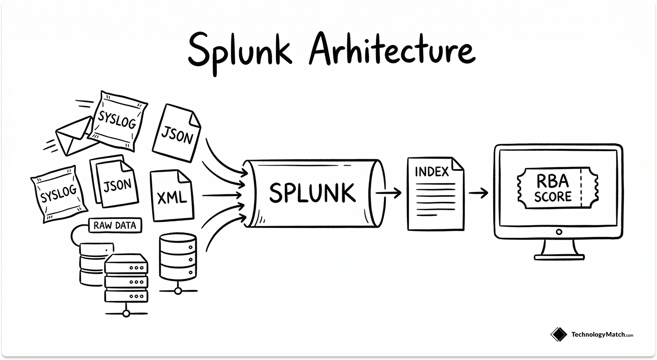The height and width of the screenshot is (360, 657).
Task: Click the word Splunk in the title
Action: [x=240, y=50]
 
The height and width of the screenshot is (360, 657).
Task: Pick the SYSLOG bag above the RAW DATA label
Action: [x=59, y=193]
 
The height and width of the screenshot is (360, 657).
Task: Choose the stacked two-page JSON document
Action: [x=115, y=183]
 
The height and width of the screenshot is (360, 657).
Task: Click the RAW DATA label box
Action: [x=115, y=226]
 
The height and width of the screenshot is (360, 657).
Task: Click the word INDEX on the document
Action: [x=431, y=172]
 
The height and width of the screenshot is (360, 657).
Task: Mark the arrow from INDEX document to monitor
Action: [x=479, y=193]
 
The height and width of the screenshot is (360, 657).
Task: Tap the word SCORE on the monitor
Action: [x=553, y=196]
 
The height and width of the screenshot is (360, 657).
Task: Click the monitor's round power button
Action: [x=559, y=231]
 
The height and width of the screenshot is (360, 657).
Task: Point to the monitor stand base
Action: [x=559, y=256]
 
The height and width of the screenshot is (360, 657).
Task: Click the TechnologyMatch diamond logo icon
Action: [x=559, y=334]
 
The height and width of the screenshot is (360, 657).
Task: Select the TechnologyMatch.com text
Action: [x=602, y=335]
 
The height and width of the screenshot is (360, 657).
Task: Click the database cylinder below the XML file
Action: [x=177, y=257]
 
